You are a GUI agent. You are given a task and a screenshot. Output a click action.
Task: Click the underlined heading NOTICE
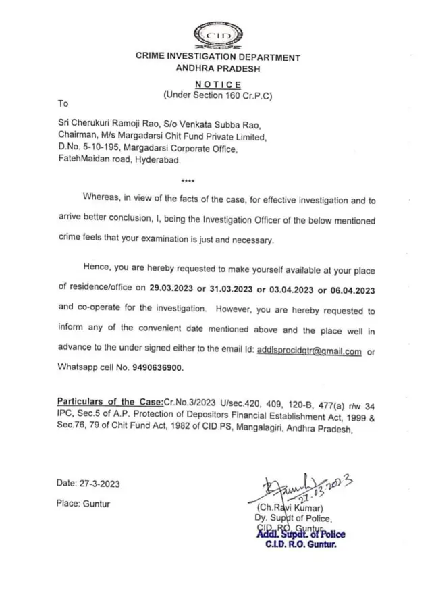[x=217, y=84]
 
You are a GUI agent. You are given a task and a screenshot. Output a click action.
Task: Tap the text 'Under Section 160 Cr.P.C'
[x=217, y=96]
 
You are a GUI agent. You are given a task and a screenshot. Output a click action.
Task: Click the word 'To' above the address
[x=63, y=104]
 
